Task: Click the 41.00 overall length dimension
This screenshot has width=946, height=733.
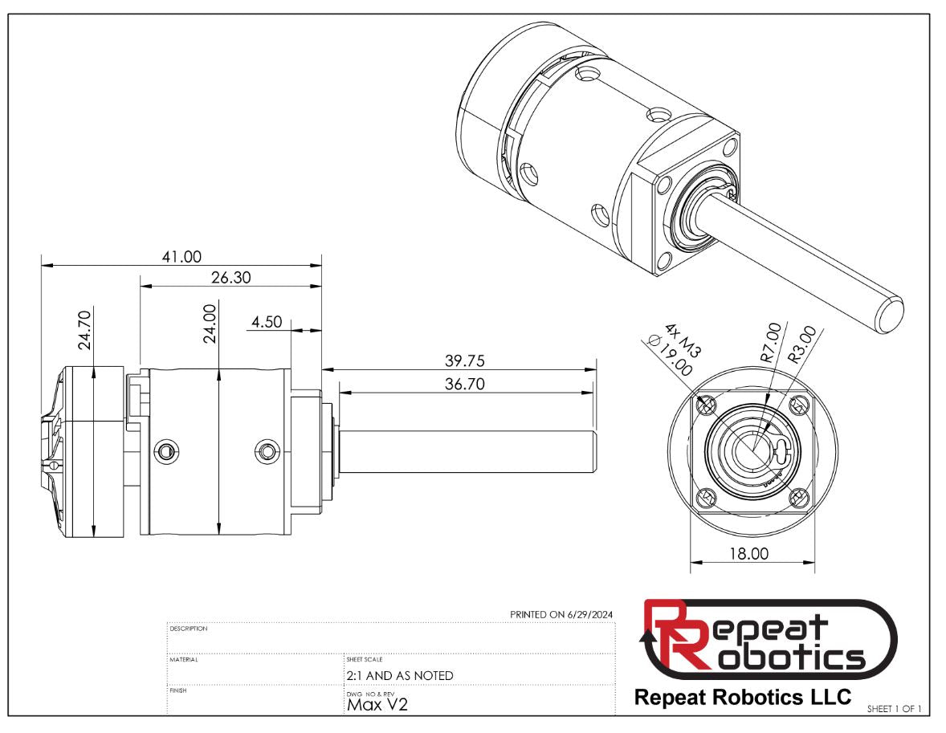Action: point(181,256)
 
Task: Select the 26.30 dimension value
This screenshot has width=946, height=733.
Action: point(230,277)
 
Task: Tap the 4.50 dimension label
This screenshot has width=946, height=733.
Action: point(267,322)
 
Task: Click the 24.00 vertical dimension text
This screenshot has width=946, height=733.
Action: point(210,324)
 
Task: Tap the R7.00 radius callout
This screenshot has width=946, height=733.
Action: point(769,343)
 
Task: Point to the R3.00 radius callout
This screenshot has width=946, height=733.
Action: point(803,344)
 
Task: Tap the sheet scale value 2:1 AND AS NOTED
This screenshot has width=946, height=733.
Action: point(399,675)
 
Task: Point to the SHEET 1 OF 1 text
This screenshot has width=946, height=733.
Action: point(894,708)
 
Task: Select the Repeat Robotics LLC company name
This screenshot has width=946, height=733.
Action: point(742,697)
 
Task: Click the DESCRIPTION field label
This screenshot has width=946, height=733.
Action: point(189,629)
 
